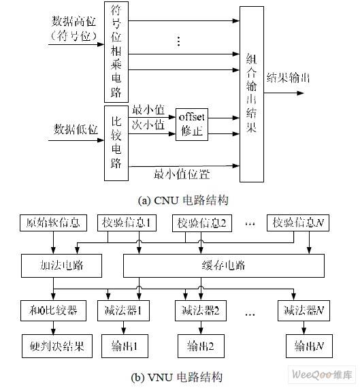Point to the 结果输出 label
click(x=289, y=77)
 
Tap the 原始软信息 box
click(x=52, y=222)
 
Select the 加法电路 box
click(x=52, y=265)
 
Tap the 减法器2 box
click(x=201, y=312)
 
